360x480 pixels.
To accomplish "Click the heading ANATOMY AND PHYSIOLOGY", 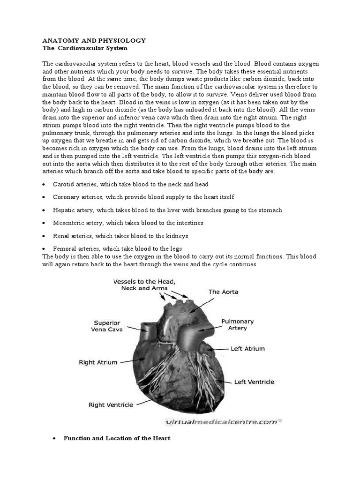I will [x=94, y=41].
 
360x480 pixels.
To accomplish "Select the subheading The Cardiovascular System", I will [x=85, y=48].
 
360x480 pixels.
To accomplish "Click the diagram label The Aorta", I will [x=223, y=292].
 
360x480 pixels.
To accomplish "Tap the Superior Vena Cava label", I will [x=108, y=326].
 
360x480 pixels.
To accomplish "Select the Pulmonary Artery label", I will [x=237, y=325].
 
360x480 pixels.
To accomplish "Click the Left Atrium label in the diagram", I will [x=247, y=349].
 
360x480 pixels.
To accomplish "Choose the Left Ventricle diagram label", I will [x=254, y=382].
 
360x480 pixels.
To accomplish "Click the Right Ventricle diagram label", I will [x=111, y=405].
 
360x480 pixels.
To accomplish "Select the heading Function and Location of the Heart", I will [x=117, y=438].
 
